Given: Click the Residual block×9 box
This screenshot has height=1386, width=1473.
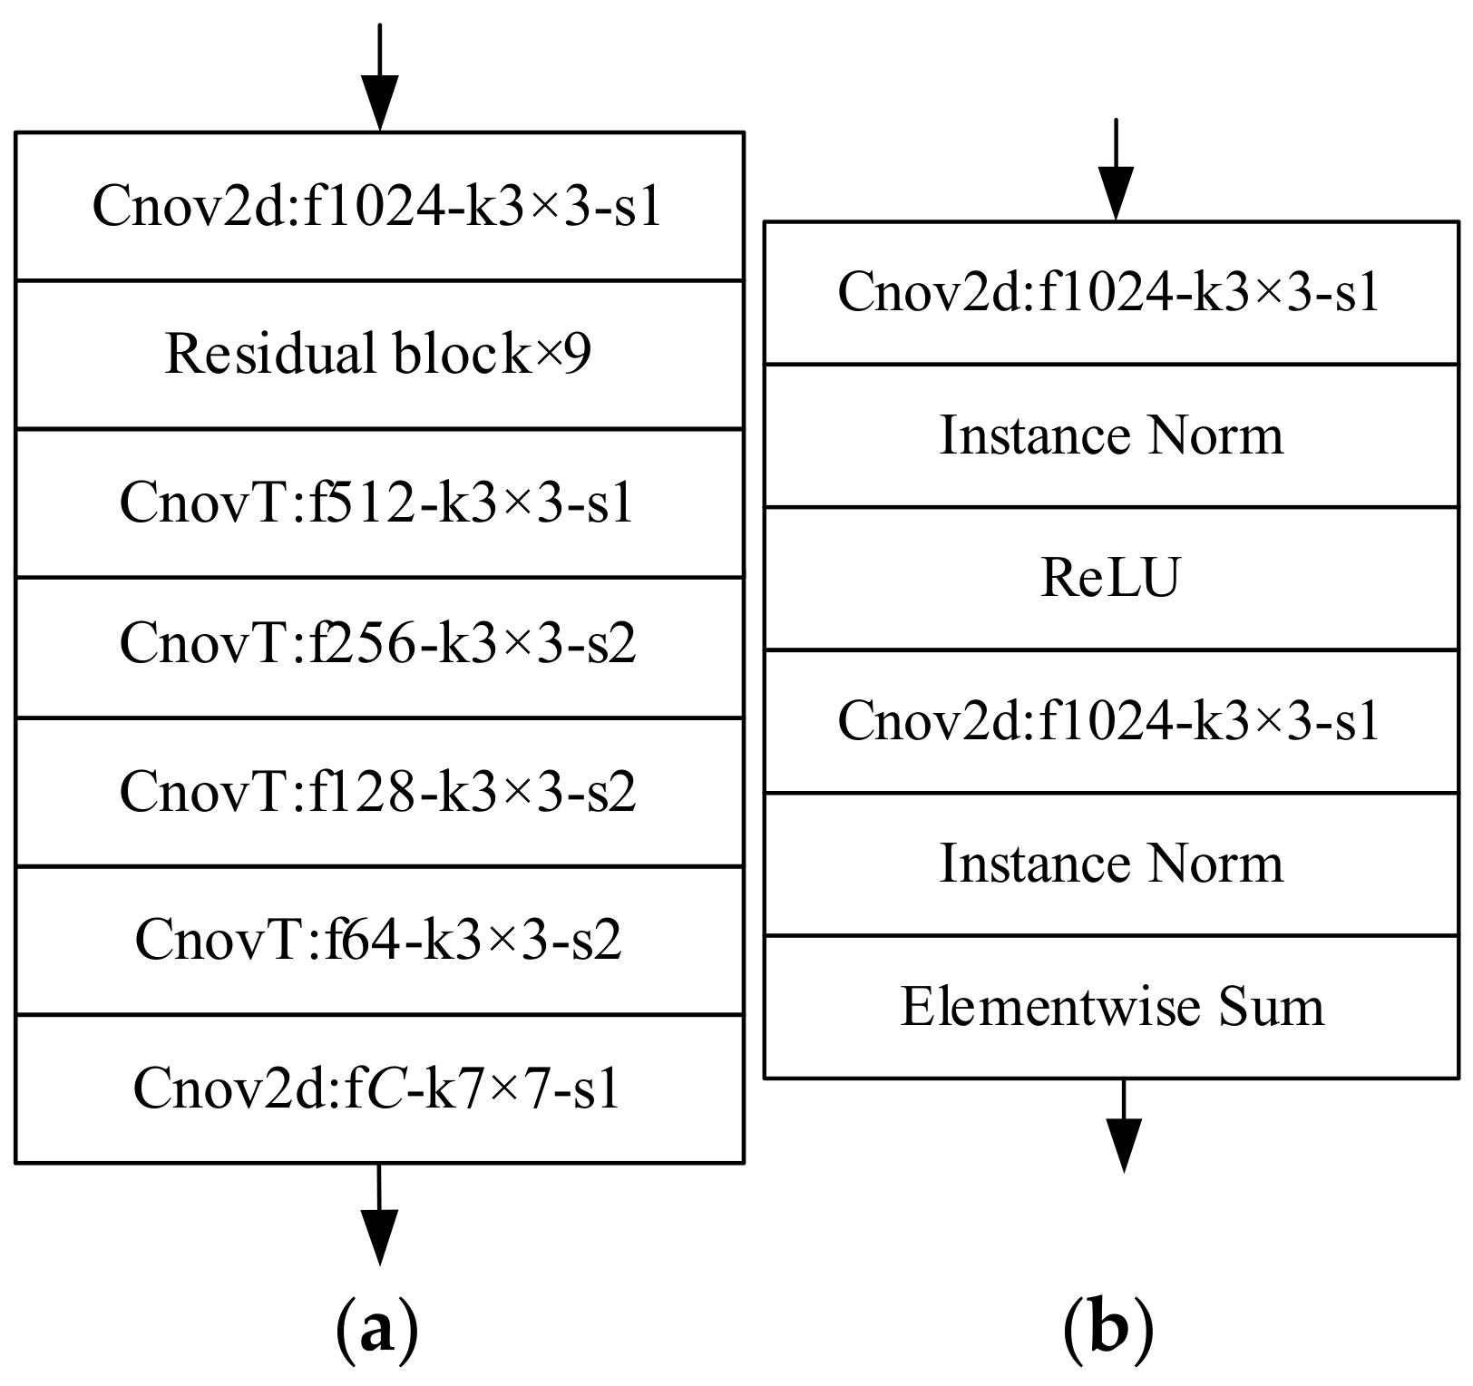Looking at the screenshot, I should point(379,354).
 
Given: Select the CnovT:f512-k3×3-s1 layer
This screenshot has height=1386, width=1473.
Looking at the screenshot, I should point(379,503).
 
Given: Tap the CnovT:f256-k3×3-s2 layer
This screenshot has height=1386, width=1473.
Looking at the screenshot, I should point(379,646).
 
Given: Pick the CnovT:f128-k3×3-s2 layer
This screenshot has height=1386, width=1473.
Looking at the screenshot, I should point(379,791).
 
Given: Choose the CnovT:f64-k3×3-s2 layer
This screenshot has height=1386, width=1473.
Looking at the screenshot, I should point(379,940).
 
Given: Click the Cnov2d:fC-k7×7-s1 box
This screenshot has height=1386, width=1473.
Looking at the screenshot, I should point(379,1088).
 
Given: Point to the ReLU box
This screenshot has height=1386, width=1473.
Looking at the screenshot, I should point(1111,578).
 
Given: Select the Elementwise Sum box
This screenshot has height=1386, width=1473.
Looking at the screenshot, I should point(1111,1007).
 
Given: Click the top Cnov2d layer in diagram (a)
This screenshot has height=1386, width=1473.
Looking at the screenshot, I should point(379,207).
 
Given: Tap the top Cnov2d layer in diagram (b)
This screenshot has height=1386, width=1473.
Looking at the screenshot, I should point(1111,293).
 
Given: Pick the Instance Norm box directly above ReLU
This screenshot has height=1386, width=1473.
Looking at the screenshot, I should point(1111,435).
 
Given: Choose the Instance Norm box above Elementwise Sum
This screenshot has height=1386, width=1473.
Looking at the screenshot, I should point(1111,864).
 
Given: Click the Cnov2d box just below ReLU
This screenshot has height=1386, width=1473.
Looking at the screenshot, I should point(1111,721).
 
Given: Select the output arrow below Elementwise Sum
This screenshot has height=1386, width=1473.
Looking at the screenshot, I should point(1124,1125).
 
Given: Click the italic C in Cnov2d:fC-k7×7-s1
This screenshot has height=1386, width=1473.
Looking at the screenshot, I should point(386,1089).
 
